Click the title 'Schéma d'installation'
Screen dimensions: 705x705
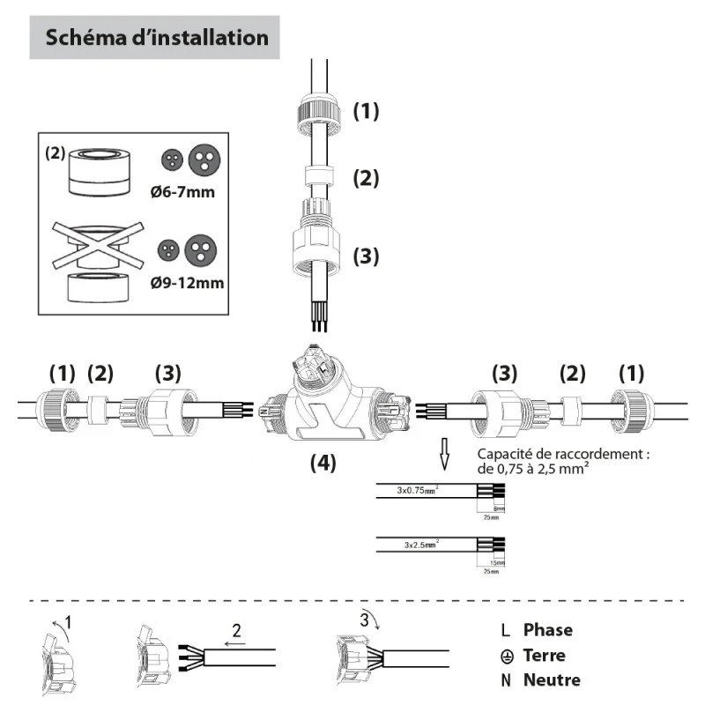(x=156, y=38)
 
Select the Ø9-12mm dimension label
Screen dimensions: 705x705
(x=186, y=283)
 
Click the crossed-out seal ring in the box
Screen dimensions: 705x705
(x=98, y=244)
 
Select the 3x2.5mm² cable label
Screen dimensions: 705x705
(x=421, y=545)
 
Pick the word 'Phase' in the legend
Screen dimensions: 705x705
(x=547, y=629)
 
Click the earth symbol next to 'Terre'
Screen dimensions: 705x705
(x=506, y=656)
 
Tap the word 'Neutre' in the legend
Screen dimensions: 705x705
(x=552, y=680)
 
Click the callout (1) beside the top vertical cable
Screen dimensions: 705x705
(x=366, y=111)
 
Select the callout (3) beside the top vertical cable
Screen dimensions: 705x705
(x=366, y=256)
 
